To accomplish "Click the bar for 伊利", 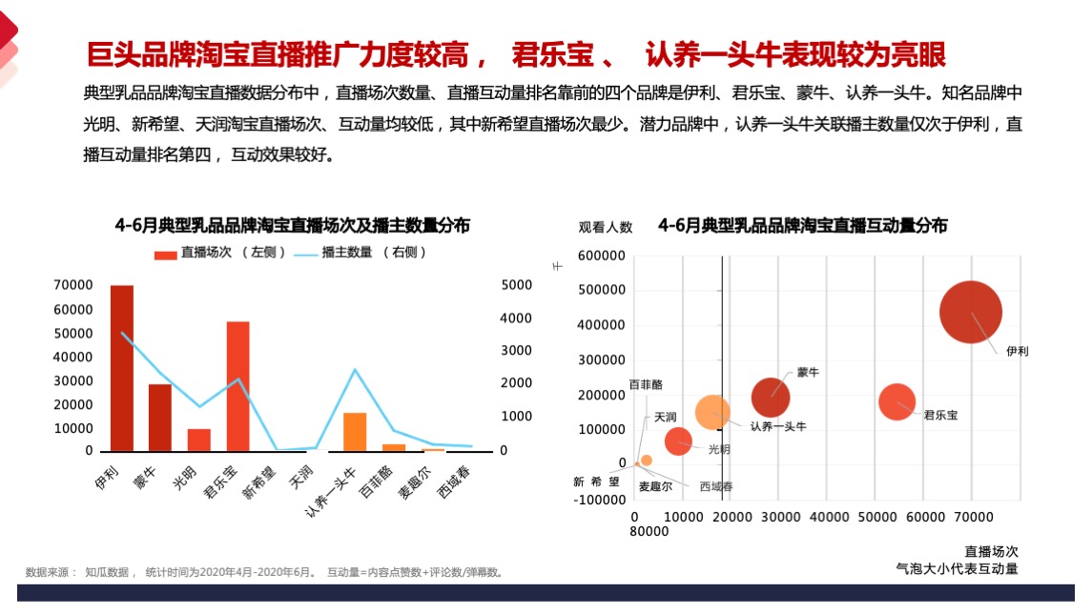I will pos(121,368).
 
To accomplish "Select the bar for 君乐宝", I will pos(237,386).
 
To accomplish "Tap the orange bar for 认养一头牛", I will pos(355,432).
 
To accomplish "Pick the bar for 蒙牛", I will pos(159,418).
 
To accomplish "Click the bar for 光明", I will pos(198,440).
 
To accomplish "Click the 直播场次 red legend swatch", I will pos(165,253).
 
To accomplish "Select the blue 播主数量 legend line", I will pos(305,254).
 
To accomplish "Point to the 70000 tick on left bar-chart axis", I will pos(73,285).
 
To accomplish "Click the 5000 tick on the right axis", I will pos(516,285).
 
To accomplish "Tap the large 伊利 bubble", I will pos(970,312).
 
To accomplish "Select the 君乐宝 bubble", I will pos(896,401).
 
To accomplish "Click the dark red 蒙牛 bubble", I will pos(771,398).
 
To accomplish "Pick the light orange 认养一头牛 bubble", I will pos(712,412).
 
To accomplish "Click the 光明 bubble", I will pos(678,440).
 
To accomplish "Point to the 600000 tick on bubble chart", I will pos(601,256).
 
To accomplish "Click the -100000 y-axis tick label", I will pos(601,499).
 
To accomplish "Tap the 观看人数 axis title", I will pos(605,227).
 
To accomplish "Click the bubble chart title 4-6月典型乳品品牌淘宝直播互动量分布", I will pos(802,226).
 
